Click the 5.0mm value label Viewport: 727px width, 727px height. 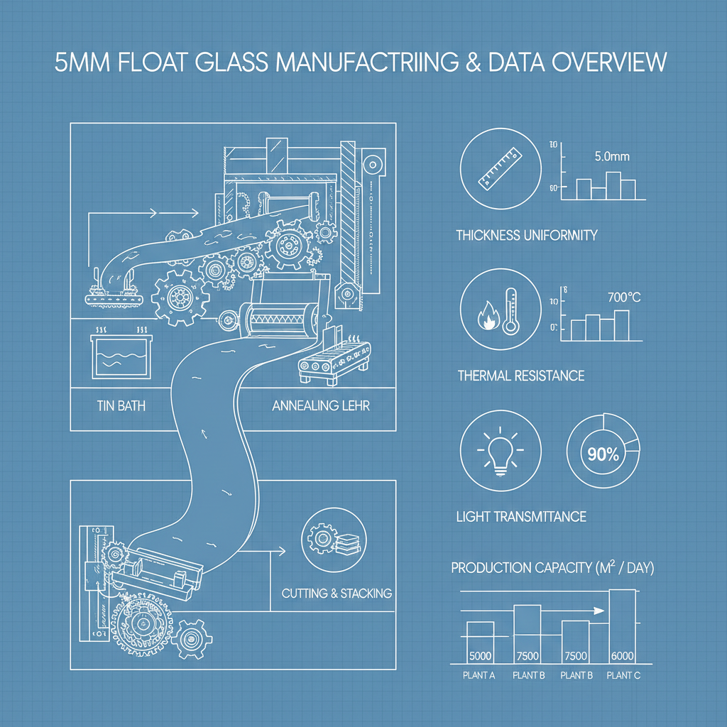click(611, 156)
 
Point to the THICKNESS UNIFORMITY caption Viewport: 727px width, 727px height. click(526, 235)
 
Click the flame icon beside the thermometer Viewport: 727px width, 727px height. click(489, 317)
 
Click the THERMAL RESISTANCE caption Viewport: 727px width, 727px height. click(520, 375)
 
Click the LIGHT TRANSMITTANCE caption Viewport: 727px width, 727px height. click(521, 516)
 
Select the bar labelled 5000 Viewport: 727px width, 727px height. click(480, 642)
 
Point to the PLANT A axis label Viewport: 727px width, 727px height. click(479, 675)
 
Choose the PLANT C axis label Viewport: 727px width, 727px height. click(623, 675)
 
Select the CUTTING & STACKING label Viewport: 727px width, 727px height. click(337, 593)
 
